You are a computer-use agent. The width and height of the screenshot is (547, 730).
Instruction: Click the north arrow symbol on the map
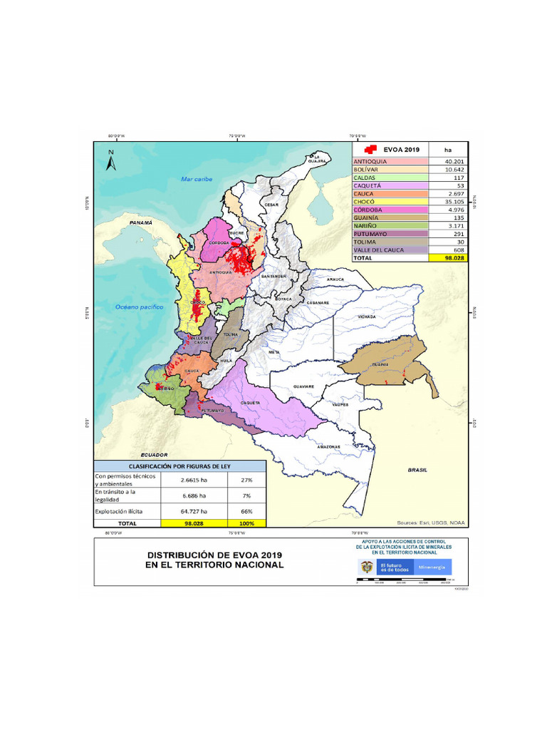click(110, 161)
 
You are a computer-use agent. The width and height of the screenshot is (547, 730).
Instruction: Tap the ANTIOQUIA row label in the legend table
click(370, 162)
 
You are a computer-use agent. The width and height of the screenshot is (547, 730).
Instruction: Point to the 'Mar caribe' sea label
click(197, 179)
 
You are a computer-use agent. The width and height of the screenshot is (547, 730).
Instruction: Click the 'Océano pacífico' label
click(140, 307)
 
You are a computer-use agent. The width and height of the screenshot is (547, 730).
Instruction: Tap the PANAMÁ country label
click(142, 223)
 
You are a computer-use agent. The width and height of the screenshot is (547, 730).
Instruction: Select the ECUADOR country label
click(154, 454)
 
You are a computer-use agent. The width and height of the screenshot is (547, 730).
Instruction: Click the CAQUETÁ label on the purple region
click(249, 402)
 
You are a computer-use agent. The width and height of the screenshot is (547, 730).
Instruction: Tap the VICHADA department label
click(368, 314)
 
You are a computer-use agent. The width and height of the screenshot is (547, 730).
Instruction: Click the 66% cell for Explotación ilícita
click(246, 511)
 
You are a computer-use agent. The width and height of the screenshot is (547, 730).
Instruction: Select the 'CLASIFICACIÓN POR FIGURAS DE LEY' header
click(180, 466)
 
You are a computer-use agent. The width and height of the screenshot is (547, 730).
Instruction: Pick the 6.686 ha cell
click(194, 495)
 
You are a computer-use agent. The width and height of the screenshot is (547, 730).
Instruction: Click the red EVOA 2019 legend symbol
click(370, 150)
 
